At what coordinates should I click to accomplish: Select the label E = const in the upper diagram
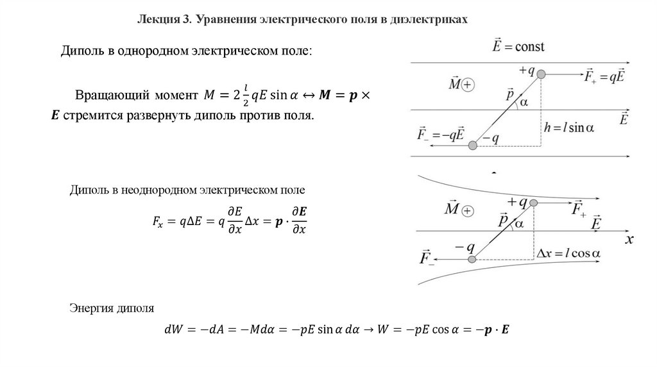(518, 47)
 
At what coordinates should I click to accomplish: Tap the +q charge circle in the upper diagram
(542, 75)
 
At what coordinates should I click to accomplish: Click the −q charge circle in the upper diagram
(473, 146)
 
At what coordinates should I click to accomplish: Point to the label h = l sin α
(568, 127)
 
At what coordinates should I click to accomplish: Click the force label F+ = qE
(605, 76)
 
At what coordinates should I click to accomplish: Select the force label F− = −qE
(440, 136)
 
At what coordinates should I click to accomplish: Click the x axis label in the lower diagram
(629, 239)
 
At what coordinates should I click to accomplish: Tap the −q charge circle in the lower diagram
(472, 259)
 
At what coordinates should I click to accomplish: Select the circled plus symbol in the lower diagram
(467, 210)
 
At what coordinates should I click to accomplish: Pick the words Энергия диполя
(112, 308)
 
